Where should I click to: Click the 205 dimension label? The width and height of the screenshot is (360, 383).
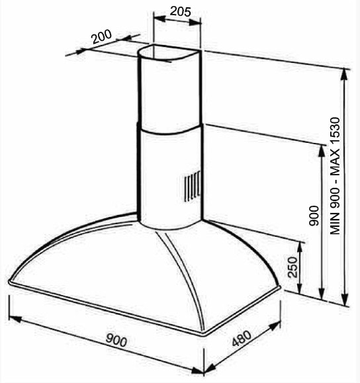pos(181,11)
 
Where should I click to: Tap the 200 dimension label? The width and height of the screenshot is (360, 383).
pos(101,36)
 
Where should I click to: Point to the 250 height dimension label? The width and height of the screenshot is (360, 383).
pos(293,267)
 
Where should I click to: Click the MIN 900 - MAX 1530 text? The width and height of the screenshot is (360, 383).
pos(335,176)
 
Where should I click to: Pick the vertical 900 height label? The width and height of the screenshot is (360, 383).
pos(314,216)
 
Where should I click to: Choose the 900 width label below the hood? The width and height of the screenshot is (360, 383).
pos(116,340)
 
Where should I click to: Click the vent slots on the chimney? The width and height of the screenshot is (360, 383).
pos(193,186)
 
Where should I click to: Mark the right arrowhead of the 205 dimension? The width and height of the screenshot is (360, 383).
pos(195,22)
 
